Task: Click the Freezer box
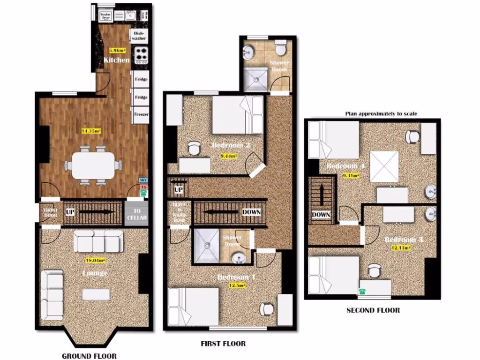click(141, 114)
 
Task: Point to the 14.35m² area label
click(92, 131)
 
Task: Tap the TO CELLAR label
click(136, 214)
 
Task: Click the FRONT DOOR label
click(50, 213)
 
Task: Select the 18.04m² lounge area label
click(95, 260)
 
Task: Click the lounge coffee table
click(96, 294)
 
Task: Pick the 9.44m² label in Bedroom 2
click(228, 156)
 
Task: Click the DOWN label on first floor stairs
click(251, 212)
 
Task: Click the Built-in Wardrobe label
click(180, 212)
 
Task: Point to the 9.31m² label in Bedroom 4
click(351, 176)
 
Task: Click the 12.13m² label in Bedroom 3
click(401, 248)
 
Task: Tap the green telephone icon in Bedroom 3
click(362, 292)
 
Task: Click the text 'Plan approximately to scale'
click(381, 113)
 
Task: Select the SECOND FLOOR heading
click(373, 310)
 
